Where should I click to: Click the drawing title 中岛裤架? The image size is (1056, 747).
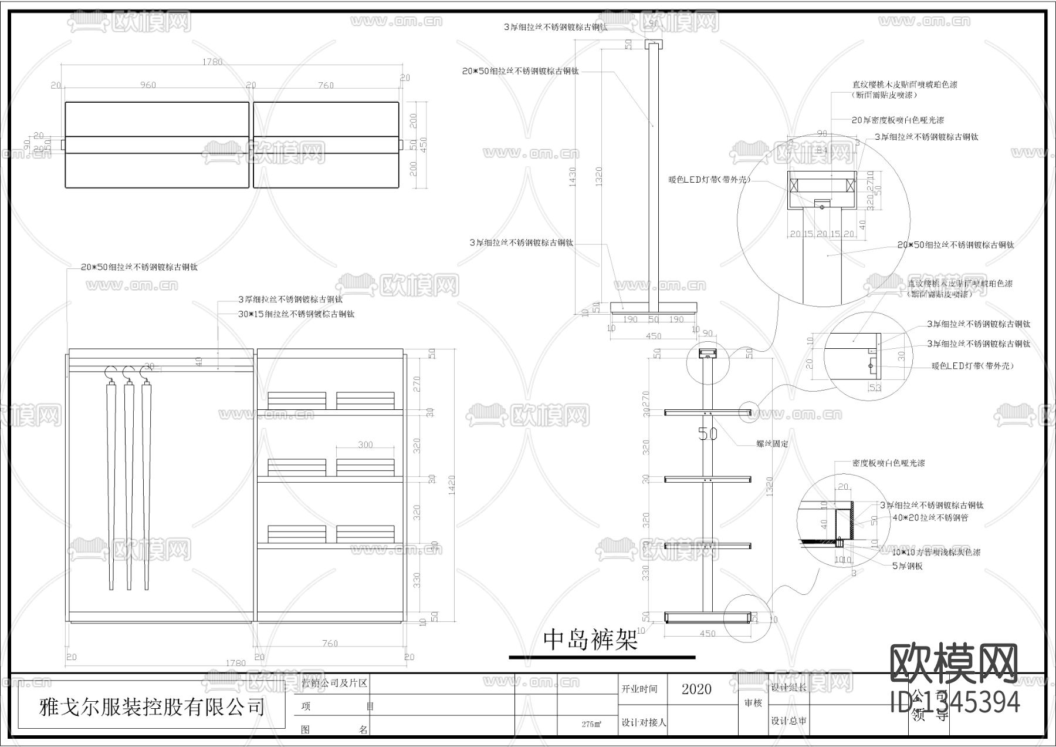(x=590, y=640)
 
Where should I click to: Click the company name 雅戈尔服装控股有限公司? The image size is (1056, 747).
(x=151, y=707)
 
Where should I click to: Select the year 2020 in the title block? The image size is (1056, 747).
(x=696, y=689)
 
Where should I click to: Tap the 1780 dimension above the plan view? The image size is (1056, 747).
(x=212, y=62)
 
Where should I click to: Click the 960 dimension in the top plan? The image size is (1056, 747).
(x=148, y=85)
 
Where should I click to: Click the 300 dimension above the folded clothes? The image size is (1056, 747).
(x=365, y=445)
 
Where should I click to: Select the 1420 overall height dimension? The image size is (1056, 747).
(x=451, y=484)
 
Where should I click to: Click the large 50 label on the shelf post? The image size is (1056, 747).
(x=708, y=434)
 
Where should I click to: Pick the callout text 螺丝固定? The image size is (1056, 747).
(x=772, y=444)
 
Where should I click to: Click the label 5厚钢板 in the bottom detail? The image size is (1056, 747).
(x=907, y=566)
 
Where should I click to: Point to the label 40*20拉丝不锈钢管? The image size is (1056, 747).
(x=930, y=518)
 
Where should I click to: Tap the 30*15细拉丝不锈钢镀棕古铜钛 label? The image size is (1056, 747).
(x=296, y=314)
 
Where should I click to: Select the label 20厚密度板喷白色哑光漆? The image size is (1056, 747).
(x=898, y=120)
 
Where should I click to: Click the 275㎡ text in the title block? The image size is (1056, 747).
(x=591, y=724)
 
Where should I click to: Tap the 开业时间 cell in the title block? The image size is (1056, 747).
(x=639, y=689)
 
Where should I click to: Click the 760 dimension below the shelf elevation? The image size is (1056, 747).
(x=330, y=643)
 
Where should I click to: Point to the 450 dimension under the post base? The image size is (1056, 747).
(x=653, y=337)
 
